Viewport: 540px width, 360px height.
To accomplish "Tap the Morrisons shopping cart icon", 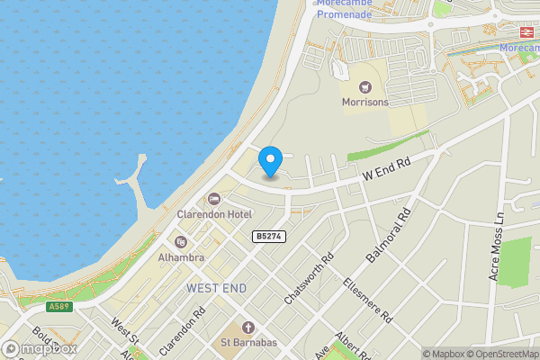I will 365,87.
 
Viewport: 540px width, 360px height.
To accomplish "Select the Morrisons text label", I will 365,103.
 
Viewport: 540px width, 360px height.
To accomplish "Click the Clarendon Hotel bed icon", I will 213,199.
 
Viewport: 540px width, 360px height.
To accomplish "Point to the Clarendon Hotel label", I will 213,214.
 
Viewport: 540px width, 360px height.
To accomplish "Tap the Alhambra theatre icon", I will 180,242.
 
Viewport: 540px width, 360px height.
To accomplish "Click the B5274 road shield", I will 269,236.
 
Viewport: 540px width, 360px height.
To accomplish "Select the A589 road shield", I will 59,307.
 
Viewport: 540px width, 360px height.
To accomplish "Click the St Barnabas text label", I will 248,342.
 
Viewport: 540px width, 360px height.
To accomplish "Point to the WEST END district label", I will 216,288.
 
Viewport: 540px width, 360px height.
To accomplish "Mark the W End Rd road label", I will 386,167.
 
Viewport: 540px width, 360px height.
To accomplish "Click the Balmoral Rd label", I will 389,236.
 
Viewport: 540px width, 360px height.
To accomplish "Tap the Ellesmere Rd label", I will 368,301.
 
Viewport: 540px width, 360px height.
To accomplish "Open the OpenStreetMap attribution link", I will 502,354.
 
